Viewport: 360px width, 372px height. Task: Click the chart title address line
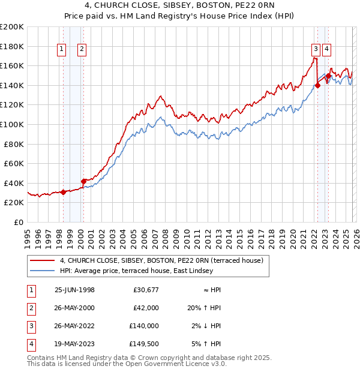point(179,6)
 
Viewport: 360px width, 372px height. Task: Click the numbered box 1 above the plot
point(62,50)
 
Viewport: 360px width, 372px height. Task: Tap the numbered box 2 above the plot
point(82,50)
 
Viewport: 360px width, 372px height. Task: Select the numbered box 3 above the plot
point(315,50)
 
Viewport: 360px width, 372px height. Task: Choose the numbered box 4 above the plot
point(326,50)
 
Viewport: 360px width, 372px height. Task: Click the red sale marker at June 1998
point(64,192)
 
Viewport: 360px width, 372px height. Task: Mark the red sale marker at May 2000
point(84,181)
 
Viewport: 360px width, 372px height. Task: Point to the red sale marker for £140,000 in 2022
point(317,85)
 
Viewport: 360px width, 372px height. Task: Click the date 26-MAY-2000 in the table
point(74,308)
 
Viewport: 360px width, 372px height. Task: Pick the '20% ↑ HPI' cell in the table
point(205,308)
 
